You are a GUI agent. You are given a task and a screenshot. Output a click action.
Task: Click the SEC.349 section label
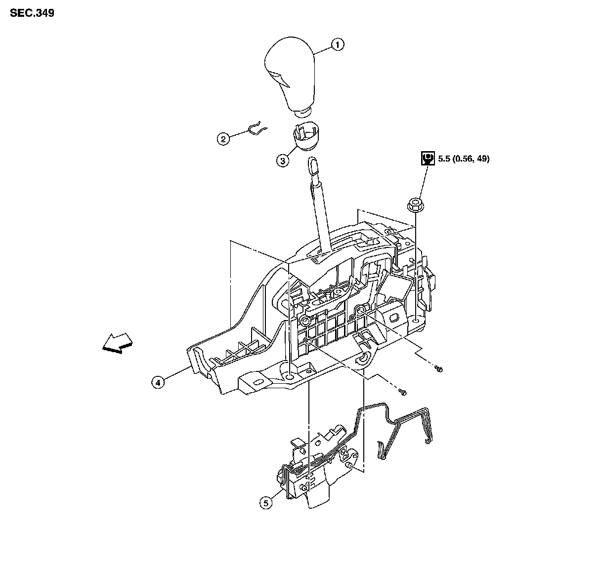(32, 13)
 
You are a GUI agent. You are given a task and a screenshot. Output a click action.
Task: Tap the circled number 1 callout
(337, 45)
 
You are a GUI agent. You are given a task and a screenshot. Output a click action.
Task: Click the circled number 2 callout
(223, 139)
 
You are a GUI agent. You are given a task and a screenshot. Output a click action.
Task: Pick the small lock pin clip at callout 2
(256, 128)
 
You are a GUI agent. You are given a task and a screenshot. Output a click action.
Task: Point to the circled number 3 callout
(282, 161)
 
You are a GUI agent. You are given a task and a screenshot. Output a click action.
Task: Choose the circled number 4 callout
(158, 382)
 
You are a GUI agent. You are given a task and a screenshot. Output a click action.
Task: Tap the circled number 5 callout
(266, 503)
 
